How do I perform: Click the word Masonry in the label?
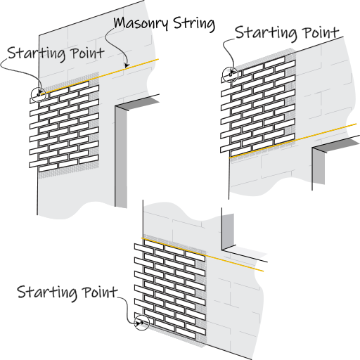pyautogui.click(x=141, y=23)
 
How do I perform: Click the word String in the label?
pyautogui.click(x=194, y=24)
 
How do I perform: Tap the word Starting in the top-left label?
pyautogui.click(x=37, y=53)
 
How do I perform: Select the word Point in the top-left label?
pyautogui.click(x=88, y=53)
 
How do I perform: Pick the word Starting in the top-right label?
pyautogui.click(x=266, y=33)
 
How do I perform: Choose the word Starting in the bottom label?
pyautogui.click(x=47, y=292)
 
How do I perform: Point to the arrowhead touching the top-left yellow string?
pyautogui.click(x=127, y=65)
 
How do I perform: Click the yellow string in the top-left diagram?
pyautogui.click(x=100, y=77)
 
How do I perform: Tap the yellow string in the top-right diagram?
pyautogui.click(x=293, y=141)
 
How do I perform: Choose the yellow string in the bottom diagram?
pyautogui.click(x=202, y=255)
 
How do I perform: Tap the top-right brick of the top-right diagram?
pyautogui.click(x=285, y=66)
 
